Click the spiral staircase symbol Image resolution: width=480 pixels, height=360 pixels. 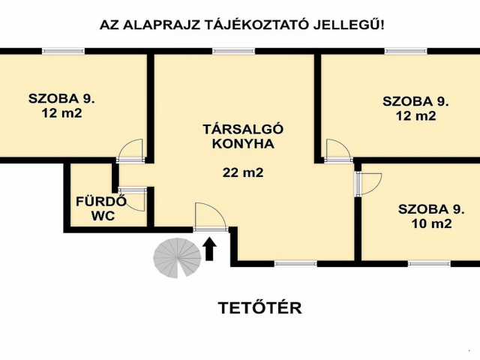[178, 257]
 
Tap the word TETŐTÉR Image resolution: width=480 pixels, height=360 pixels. [259, 307]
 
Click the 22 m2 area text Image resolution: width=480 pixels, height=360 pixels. [243, 172]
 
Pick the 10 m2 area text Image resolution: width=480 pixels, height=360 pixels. [431, 223]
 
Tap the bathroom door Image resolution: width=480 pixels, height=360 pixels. [133, 198]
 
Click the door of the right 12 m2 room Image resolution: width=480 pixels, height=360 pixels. [337, 150]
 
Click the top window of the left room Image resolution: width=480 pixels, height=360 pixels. [63, 51]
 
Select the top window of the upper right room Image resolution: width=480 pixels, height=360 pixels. [406, 51]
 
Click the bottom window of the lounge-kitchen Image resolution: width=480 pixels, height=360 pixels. [295, 263]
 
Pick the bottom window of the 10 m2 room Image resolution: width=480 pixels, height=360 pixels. [429, 263]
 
